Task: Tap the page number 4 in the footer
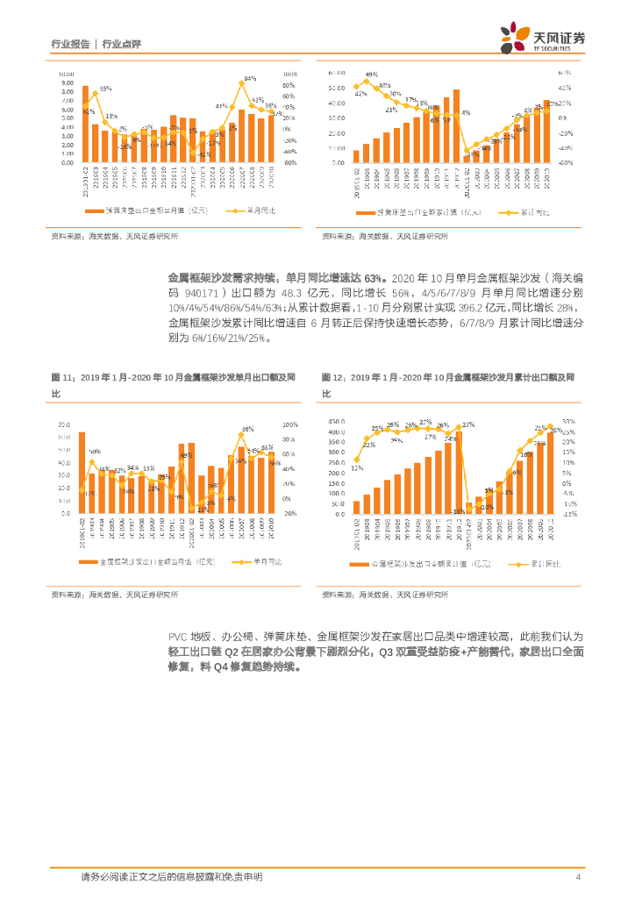pos(579,877)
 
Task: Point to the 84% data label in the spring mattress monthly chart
pos(250,79)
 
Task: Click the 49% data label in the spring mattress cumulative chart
pos(372,75)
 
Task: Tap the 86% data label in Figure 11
pos(247,430)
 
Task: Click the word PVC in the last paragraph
pos(178,636)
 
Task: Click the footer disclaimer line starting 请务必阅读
pos(171,877)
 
